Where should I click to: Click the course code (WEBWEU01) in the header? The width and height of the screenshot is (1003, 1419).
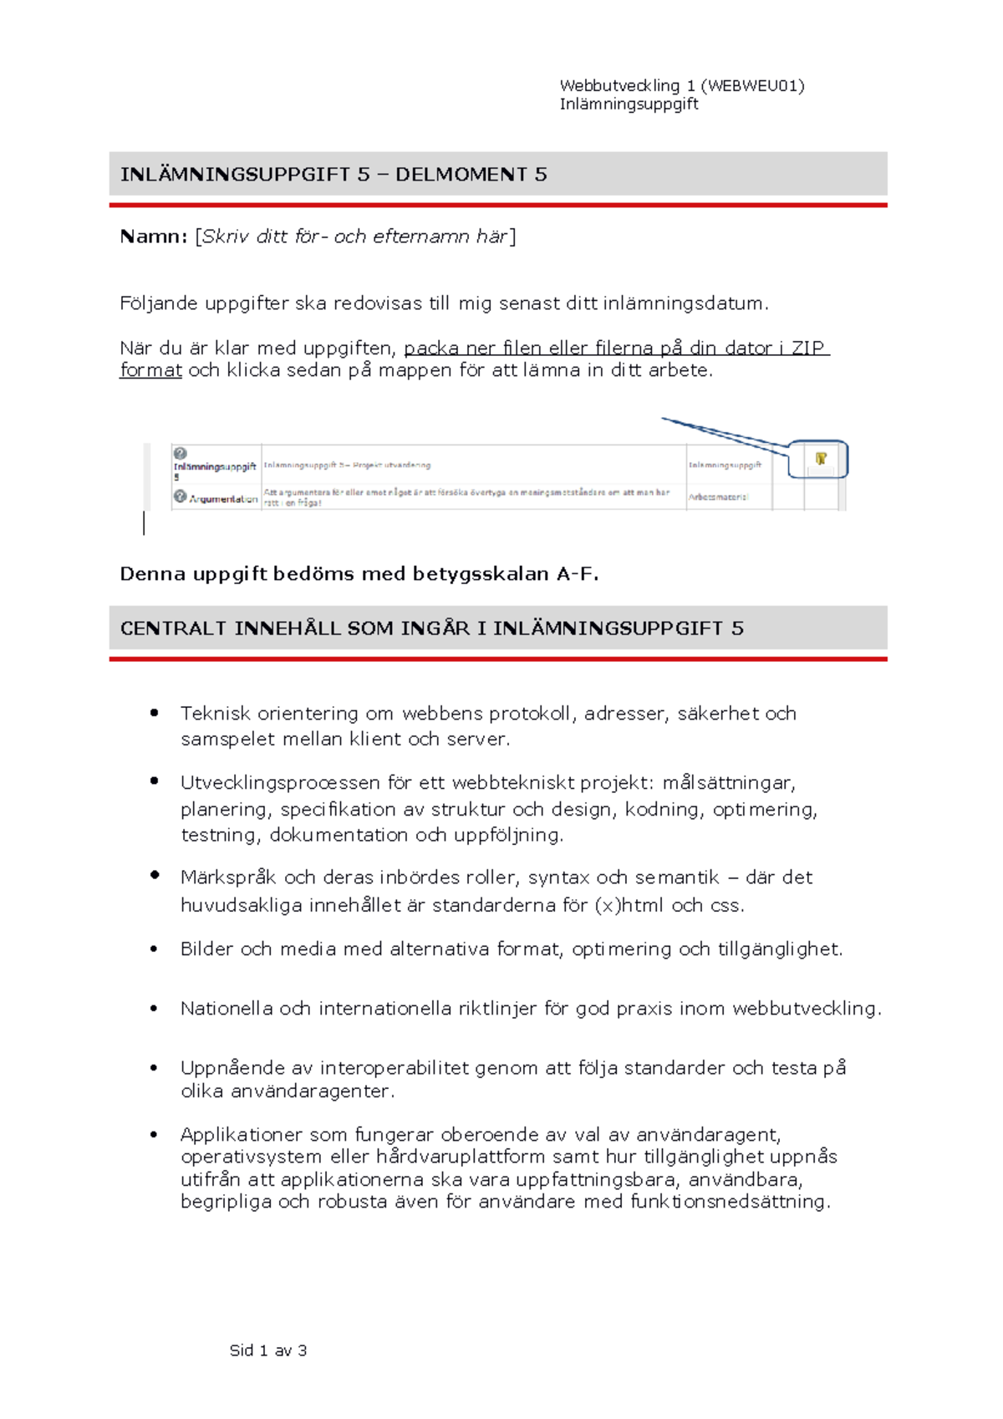click(x=752, y=85)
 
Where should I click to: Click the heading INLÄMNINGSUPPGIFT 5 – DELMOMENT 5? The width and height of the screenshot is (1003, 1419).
click(x=333, y=174)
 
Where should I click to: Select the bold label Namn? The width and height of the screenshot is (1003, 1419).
click(x=153, y=237)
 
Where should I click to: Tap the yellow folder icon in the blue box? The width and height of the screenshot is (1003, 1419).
click(x=821, y=458)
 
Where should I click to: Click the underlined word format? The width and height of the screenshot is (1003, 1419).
click(x=150, y=370)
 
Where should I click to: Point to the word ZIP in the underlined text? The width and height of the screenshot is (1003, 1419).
click(x=807, y=348)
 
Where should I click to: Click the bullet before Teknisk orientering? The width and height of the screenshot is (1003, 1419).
click(x=154, y=713)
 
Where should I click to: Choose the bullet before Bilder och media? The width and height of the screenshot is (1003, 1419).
click(x=154, y=949)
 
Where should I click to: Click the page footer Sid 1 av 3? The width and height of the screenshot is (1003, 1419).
click(x=268, y=1350)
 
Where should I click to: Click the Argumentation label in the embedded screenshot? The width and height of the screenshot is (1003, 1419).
click(x=222, y=499)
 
